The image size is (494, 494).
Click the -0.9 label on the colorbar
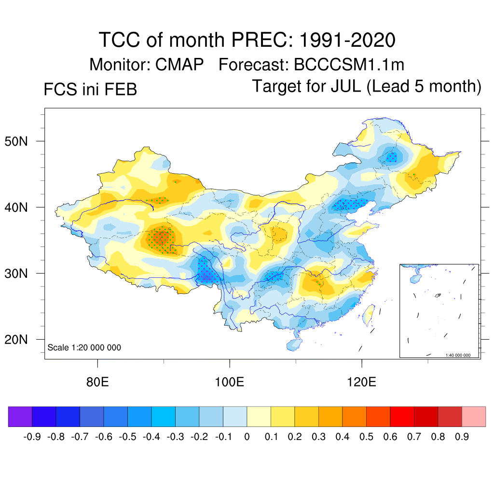click(x=32, y=437)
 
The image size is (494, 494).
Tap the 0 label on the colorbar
click(x=247, y=437)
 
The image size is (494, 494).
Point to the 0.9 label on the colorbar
click(x=462, y=437)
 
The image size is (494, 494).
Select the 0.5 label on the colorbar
click(x=367, y=437)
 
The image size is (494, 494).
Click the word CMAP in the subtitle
click(x=180, y=64)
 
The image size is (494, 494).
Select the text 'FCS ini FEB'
click(x=90, y=90)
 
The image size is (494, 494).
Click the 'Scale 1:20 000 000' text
click(x=84, y=347)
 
